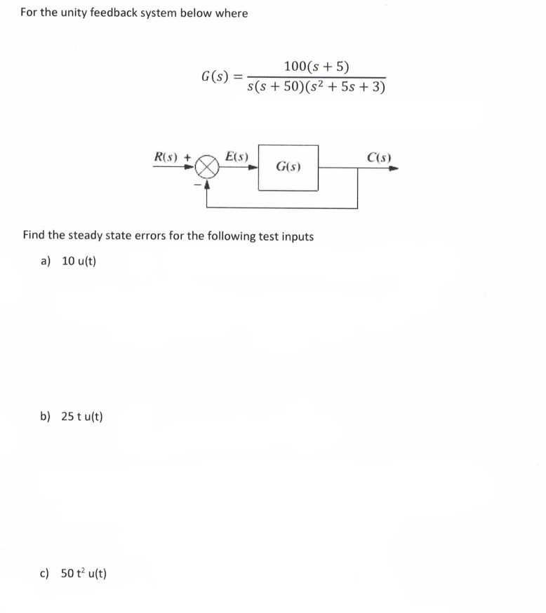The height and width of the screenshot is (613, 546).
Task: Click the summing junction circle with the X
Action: pos(206,168)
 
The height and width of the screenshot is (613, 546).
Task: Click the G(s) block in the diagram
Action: pos(288,168)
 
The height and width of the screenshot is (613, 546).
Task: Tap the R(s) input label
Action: pos(167,157)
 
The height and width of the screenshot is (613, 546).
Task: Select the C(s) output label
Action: pos(379,157)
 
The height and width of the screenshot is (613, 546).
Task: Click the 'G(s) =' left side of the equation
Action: pos(221,76)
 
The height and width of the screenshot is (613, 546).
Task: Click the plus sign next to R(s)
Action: pos(187,158)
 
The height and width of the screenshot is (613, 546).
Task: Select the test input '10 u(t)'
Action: pos(79,261)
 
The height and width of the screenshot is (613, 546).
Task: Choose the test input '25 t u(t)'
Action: pos(81,417)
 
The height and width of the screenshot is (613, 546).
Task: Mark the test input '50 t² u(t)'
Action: pos(84,574)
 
